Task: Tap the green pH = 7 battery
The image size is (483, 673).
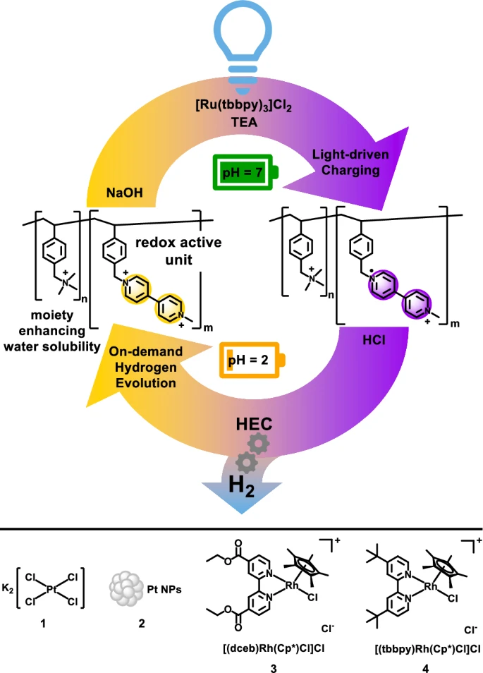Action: pos(241,171)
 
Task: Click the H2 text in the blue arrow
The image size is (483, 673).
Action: pos(242,483)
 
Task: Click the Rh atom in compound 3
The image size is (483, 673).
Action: pos(331,583)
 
